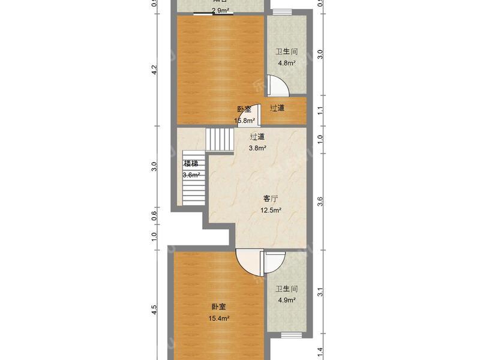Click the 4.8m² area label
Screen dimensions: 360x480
pos(286,63)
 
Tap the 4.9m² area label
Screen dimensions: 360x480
pos(286,300)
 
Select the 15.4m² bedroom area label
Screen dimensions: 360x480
pos(218,319)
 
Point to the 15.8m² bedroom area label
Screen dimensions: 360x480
pos(244,121)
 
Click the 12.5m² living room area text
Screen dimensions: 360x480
pos(271,210)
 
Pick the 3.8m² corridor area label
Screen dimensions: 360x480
pos(257,148)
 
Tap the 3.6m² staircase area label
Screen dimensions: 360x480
pos(191,175)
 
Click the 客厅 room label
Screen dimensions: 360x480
pos(271,199)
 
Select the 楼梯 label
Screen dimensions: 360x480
pos(191,164)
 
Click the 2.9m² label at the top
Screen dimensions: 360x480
pos(220,11)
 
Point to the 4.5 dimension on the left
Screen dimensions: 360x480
pos(154,310)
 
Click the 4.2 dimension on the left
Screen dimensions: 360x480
pos(154,70)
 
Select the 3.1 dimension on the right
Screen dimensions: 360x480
pos(320,293)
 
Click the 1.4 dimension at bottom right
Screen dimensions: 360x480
pos(320,352)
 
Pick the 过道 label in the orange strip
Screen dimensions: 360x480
pos(277,108)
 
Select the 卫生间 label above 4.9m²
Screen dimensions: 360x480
pos(286,289)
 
